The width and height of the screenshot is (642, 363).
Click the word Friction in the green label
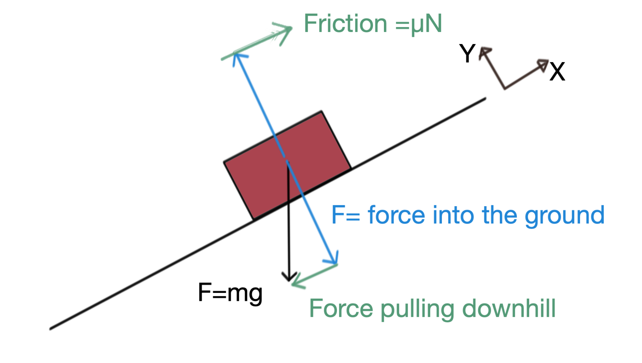[x=345, y=24]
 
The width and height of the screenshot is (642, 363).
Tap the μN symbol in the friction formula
[x=426, y=24]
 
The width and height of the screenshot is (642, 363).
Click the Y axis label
[x=467, y=53]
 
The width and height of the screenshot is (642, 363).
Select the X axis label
[x=557, y=72]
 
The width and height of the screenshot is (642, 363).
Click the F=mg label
[x=230, y=293]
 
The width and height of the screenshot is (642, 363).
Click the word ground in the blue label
[x=564, y=216]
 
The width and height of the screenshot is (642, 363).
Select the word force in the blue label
[x=396, y=215]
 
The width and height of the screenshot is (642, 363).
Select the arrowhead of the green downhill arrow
[x=295, y=283]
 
